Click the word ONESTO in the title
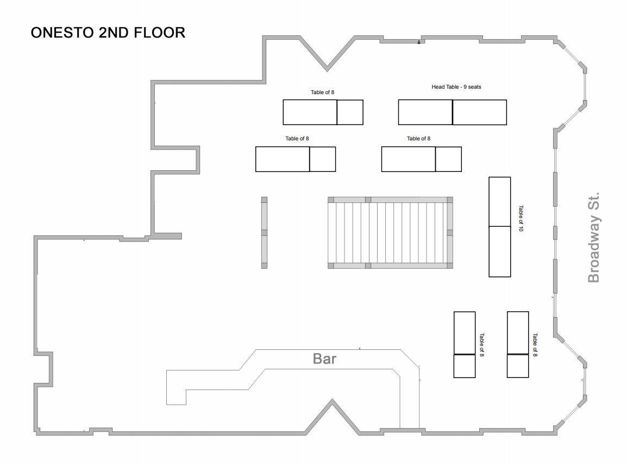[x=63, y=33]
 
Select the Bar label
[x=324, y=359]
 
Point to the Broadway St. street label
[x=594, y=238]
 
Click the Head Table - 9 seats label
[x=456, y=87]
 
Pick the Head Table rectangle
[x=452, y=112]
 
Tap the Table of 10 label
[x=521, y=218]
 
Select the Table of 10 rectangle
[x=499, y=227]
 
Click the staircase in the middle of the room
[x=390, y=233]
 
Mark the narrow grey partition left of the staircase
[x=264, y=233]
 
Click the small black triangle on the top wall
[x=419, y=41]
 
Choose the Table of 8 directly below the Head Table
[x=422, y=159]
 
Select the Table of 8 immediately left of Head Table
[x=323, y=112]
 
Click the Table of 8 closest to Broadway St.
[x=518, y=344]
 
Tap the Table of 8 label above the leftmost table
[x=297, y=139]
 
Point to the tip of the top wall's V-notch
[x=327, y=70]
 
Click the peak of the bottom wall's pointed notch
[x=331, y=400]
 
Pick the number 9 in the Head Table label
[x=465, y=87]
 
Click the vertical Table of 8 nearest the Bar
[x=465, y=344]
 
